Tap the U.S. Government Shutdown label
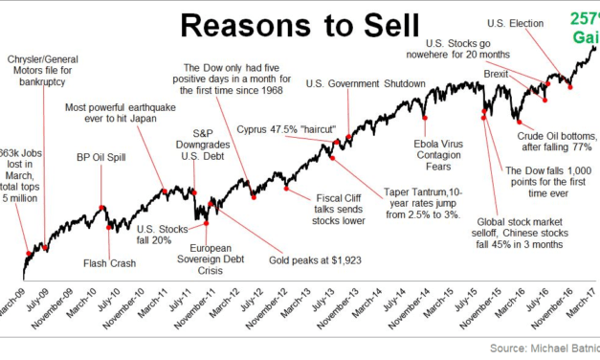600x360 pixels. coord(366,84)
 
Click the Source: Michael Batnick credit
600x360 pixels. coord(543,348)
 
